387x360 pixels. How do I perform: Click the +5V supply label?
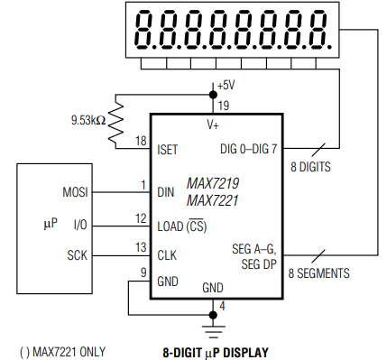[226, 85]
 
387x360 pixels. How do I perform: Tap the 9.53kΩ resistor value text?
[88, 119]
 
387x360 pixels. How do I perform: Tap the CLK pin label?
[167, 255]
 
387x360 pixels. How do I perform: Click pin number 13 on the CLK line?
[140, 247]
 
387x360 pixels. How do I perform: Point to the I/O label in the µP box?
[79, 224]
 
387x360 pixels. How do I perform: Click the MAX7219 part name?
[213, 183]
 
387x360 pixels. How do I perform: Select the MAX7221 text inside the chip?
[213, 200]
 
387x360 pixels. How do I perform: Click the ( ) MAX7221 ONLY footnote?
[58, 350]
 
